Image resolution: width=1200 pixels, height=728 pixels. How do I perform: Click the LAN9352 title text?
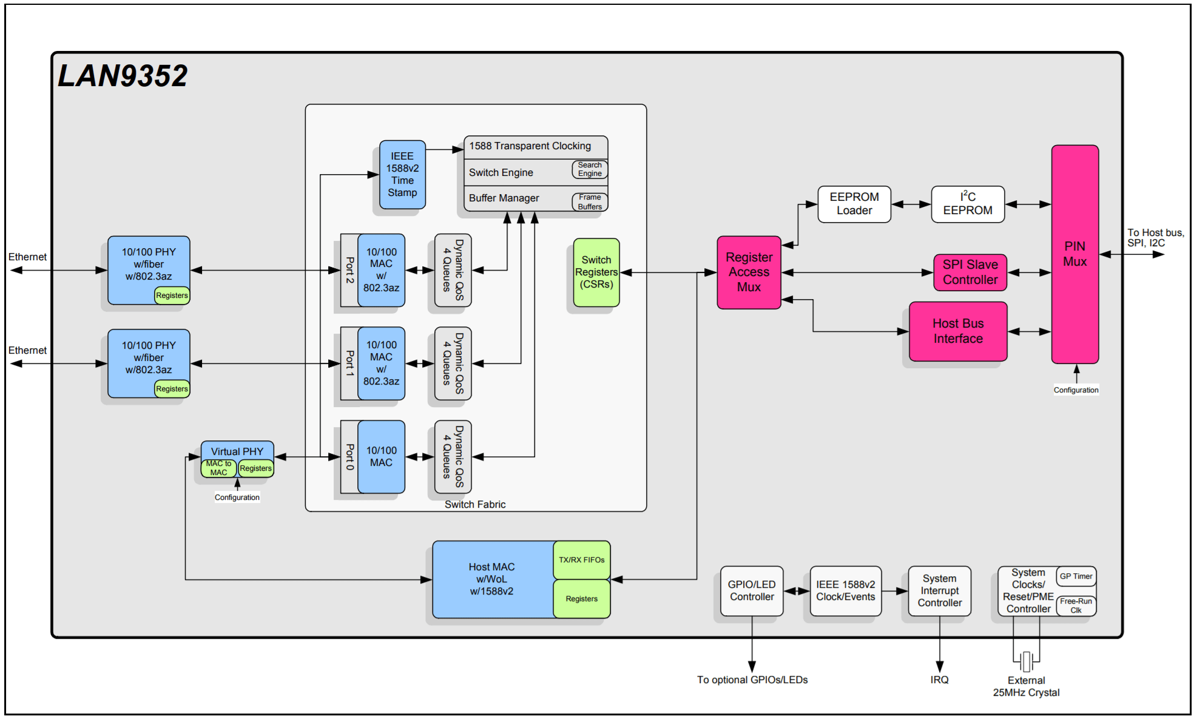click(x=123, y=76)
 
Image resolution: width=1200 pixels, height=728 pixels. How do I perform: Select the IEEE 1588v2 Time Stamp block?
click(x=402, y=175)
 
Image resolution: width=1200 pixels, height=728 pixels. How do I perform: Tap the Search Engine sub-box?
click(x=590, y=169)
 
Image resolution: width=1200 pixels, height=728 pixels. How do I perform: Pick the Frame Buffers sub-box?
click(x=590, y=202)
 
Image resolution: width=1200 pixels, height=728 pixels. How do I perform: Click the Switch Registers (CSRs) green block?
click(x=596, y=272)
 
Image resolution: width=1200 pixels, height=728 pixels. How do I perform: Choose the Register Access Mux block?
click(x=749, y=272)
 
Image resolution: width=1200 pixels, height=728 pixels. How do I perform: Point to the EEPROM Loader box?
click(x=854, y=204)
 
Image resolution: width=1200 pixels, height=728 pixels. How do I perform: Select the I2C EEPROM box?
click(x=968, y=204)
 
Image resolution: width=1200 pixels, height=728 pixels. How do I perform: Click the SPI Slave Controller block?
click(x=970, y=272)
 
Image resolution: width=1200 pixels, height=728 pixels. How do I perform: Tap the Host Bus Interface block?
click(x=958, y=331)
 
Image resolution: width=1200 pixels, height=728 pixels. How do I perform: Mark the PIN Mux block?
click(x=1074, y=254)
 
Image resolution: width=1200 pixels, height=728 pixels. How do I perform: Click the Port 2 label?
click(x=349, y=270)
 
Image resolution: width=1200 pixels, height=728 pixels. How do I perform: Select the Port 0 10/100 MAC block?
click(x=381, y=457)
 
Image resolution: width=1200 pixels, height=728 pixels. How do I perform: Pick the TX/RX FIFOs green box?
click(x=581, y=560)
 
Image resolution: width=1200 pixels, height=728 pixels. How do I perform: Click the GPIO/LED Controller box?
click(x=752, y=591)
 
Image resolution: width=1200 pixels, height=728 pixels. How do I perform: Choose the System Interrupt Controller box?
click(x=939, y=591)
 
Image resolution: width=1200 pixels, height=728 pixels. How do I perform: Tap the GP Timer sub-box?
click(x=1076, y=576)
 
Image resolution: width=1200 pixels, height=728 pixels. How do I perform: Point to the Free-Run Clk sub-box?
click(x=1076, y=605)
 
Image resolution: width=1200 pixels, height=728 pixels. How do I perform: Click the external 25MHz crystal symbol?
click(x=1026, y=661)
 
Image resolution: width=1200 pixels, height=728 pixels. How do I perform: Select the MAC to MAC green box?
click(x=218, y=468)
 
